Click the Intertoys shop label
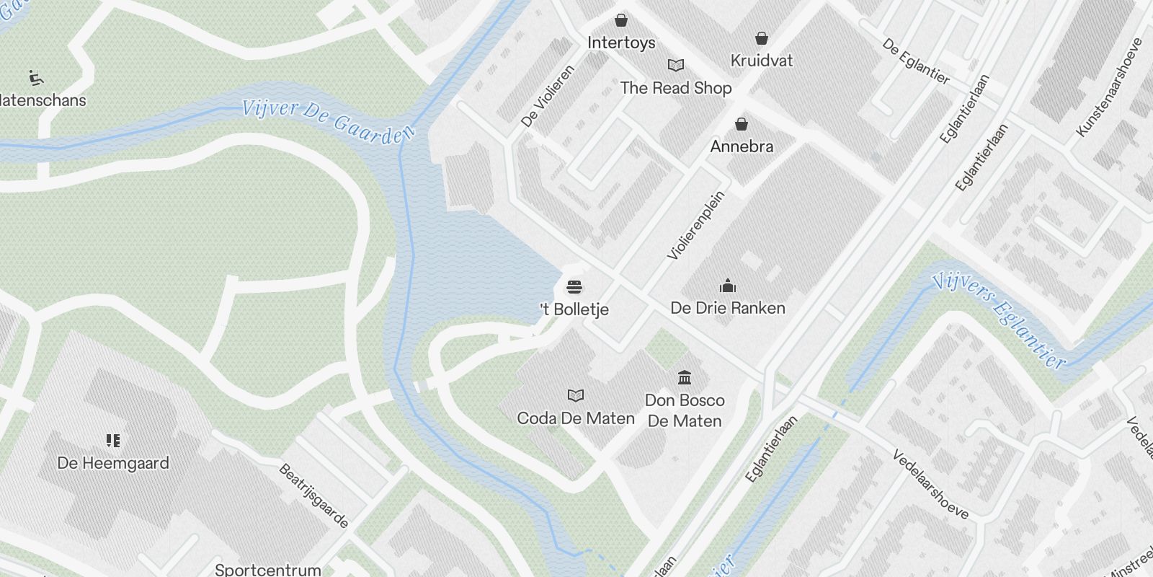(x=621, y=43)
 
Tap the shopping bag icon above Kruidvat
(x=762, y=38)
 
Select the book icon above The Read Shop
(x=675, y=66)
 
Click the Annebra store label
(x=742, y=146)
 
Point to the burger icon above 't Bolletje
(x=574, y=287)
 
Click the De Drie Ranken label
(x=727, y=308)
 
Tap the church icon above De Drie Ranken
(x=728, y=286)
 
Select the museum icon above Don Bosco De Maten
(x=685, y=377)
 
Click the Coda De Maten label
(x=576, y=418)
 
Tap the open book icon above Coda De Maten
(x=575, y=395)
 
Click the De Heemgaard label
(x=113, y=463)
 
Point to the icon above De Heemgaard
(x=113, y=440)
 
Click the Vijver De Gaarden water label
(x=329, y=121)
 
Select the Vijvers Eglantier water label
(x=998, y=320)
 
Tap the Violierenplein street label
(x=695, y=225)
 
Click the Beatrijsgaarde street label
(x=314, y=495)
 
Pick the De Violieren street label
(x=548, y=97)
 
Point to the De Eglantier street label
(x=916, y=61)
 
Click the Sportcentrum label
(x=267, y=569)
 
